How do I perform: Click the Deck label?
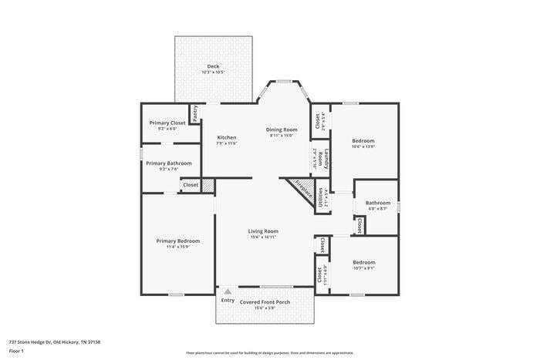(x=213, y=66)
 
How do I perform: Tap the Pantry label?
(x=195, y=113)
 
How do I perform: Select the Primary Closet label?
(x=167, y=123)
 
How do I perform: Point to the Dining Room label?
(x=282, y=130)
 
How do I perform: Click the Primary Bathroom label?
(x=168, y=163)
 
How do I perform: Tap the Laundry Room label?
(x=326, y=160)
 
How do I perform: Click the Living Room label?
(x=263, y=231)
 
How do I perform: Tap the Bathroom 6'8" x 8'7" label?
(x=378, y=203)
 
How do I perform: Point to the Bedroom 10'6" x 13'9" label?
(x=363, y=140)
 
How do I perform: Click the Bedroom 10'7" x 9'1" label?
(x=363, y=262)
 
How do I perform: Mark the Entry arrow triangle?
(x=227, y=292)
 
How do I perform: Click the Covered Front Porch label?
(x=265, y=301)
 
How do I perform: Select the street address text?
(x=55, y=341)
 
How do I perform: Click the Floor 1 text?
(x=17, y=351)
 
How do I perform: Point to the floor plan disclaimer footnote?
(x=270, y=351)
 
